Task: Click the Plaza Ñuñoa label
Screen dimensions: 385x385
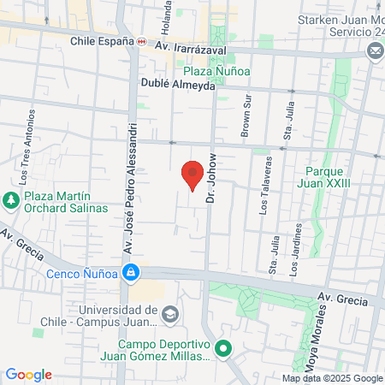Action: (x=215, y=72)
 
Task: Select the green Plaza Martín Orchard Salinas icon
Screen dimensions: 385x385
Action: (x=11, y=201)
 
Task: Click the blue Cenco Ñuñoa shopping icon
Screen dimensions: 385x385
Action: (x=130, y=274)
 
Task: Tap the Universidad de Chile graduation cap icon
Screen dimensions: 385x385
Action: (x=169, y=315)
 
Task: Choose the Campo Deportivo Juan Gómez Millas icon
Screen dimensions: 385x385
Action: (x=223, y=348)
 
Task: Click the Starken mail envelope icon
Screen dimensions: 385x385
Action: (x=375, y=51)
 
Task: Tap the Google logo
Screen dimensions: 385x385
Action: (x=28, y=375)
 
